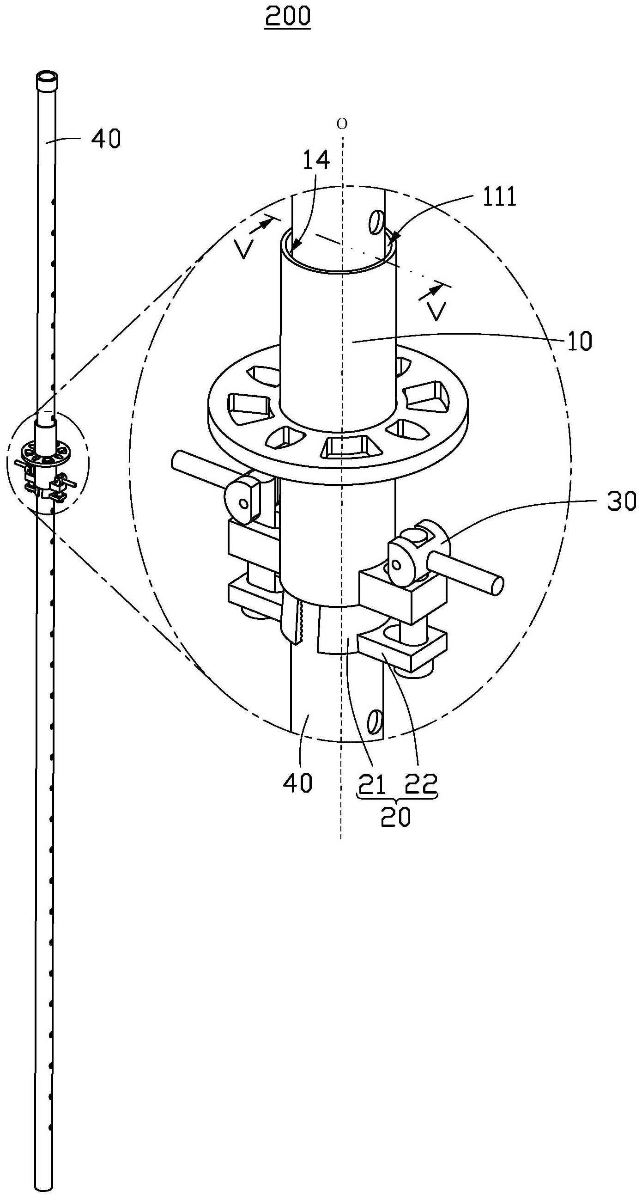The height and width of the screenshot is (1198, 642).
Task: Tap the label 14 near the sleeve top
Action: (316, 160)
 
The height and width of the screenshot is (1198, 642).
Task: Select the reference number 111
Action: (499, 197)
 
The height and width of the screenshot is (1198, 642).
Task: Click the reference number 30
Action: (621, 502)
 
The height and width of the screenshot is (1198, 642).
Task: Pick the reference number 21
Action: (370, 785)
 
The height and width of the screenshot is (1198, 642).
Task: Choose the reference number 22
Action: (421, 785)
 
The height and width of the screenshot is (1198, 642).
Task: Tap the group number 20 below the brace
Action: (396, 817)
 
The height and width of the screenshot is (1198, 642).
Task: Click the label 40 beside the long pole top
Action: (105, 139)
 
